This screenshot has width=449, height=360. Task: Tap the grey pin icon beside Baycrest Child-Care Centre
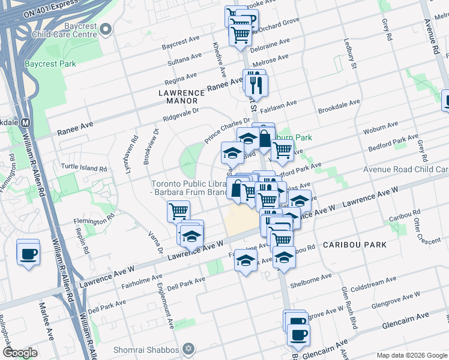(x=106, y=28)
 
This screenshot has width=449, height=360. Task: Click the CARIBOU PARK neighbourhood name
(x=349, y=245)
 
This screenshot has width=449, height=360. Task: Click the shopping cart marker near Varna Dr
(x=178, y=211)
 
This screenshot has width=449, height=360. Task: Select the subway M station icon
(x=26, y=122)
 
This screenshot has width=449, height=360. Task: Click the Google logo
(x=20, y=353)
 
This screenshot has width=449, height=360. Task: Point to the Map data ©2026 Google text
(x=412, y=355)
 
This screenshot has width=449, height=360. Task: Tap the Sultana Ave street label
(x=185, y=58)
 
